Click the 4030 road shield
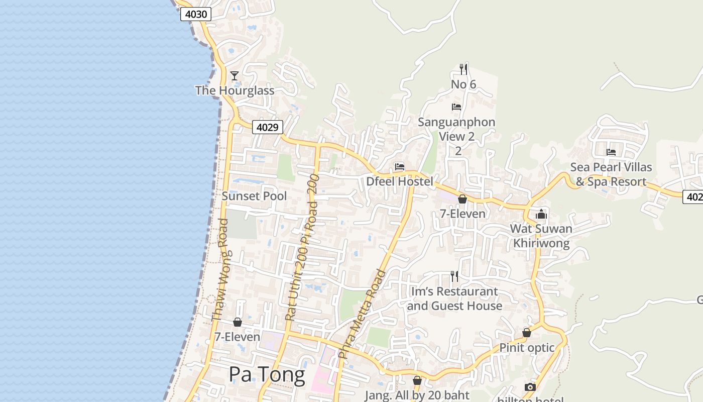tap(196, 14)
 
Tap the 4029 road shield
tap(267, 127)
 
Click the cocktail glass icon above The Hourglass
tap(235, 76)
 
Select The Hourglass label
tap(235, 90)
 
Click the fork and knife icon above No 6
tap(463, 69)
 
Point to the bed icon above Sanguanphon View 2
tap(456, 107)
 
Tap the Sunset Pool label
tap(254, 196)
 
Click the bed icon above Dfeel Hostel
tap(400, 166)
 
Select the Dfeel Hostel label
tap(400, 181)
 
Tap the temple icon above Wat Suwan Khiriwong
tap(541, 215)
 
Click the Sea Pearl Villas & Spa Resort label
tap(611, 174)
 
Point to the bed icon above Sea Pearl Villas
tap(611, 152)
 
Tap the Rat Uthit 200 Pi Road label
tap(302, 247)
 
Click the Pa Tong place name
tap(267, 374)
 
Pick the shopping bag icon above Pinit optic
tap(527, 333)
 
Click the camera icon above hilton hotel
tap(530, 387)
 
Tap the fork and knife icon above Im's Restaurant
tap(454, 276)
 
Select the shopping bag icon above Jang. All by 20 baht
tap(417, 380)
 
